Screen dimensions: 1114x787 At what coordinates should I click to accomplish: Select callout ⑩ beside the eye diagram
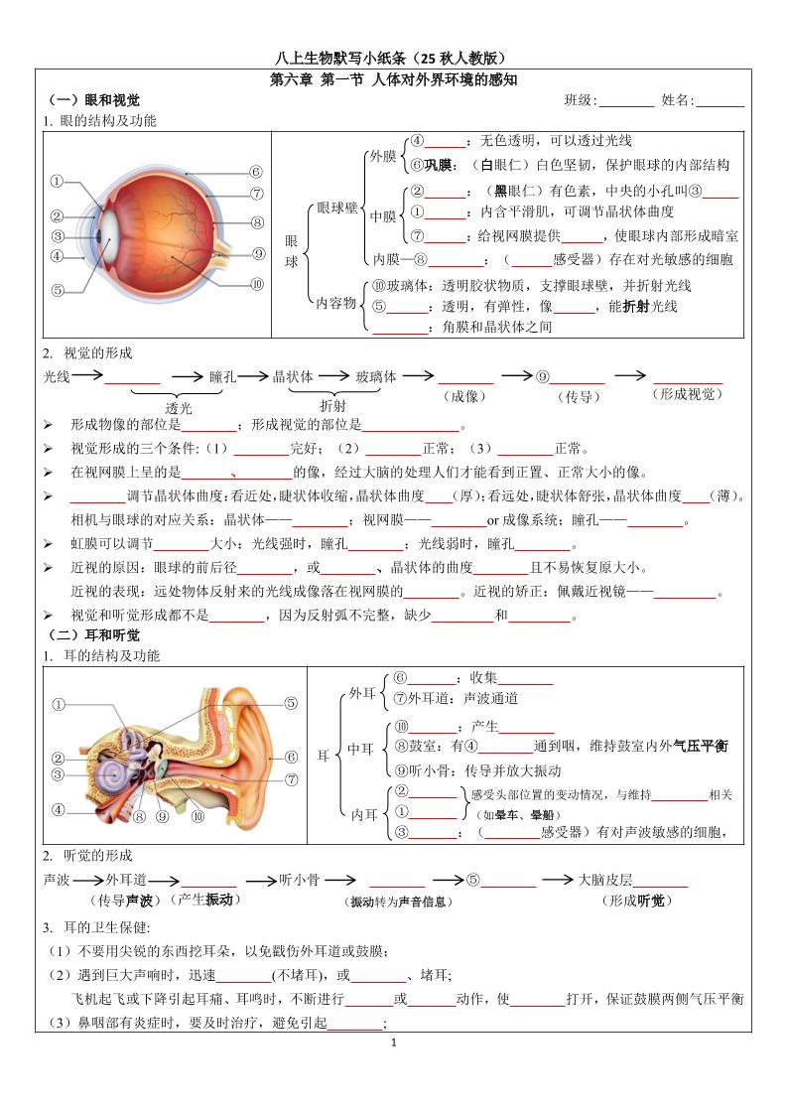pyautogui.click(x=257, y=284)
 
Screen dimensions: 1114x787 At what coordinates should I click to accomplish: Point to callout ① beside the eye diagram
pyautogui.click(x=57, y=182)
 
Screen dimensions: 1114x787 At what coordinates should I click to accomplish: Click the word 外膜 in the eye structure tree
pyautogui.click(x=382, y=157)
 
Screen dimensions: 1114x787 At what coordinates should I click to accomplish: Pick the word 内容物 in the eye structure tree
pyautogui.click(x=335, y=303)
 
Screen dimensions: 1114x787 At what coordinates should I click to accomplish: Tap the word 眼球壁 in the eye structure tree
pyautogui.click(x=337, y=209)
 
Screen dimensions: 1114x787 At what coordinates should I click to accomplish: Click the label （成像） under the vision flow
pyautogui.click(x=465, y=395)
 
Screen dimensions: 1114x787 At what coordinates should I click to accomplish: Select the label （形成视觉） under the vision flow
pyautogui.click(x=687, y=394)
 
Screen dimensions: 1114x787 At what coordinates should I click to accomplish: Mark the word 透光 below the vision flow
pyautogui.click(x=180, y=407)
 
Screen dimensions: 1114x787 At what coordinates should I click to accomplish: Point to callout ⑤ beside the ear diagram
pyautogui.click(x=292, y=703)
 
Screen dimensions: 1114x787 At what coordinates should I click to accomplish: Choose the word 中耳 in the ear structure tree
pyautogui.click(x=360, y=749)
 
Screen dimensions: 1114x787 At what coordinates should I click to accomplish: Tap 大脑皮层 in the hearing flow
pyautogui.click(x=604, y=880)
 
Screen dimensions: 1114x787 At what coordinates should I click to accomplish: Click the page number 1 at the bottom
pyautogui.click(x=394, y=1043)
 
